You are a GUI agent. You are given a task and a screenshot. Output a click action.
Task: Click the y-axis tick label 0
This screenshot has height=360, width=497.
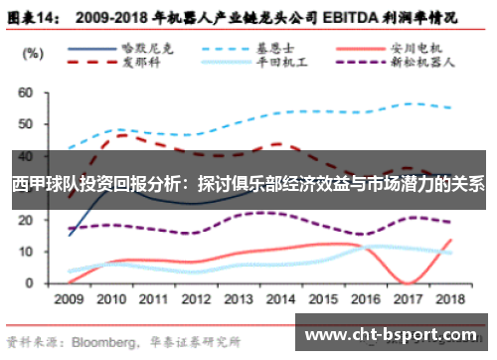pos(29,283)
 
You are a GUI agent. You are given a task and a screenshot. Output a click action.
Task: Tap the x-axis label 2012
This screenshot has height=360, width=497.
pos(196,298)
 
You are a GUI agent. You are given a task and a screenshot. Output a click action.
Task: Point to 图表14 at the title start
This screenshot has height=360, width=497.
pos(37,17)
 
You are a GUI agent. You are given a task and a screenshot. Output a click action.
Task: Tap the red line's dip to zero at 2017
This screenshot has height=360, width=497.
pos(407,282)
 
